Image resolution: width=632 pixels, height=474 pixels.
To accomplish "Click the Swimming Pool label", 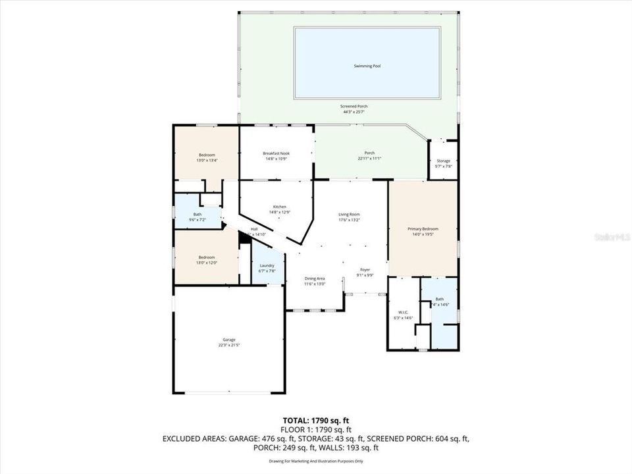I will (x=367, y=66).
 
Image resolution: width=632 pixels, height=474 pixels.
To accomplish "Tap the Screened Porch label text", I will (x=354, y=107).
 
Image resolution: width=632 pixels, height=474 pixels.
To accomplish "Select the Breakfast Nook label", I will (x=276, y=153).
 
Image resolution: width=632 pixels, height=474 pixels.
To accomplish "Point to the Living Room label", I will (x=349, y=214).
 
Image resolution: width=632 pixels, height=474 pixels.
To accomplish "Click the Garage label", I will (x=228, y=340).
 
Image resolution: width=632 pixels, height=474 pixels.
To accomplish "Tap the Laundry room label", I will (x=266, y=265).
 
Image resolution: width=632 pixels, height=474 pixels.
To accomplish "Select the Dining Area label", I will (x=314, y=279).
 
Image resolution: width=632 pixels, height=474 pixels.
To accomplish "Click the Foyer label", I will (x=365, y=270).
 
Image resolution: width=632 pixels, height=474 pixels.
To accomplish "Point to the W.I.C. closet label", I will (x=403, y=313).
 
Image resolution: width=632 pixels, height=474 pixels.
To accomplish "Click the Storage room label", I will (x=443, y=161).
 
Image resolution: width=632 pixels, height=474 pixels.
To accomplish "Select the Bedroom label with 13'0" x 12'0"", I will (x=207, y=257).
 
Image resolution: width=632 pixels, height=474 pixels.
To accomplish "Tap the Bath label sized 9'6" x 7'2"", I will (x=197, y=214).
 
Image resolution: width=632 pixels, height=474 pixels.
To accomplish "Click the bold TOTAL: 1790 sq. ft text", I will (x=315, y=419).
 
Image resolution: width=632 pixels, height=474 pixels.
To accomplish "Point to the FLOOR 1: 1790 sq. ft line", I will (x=315, y=429).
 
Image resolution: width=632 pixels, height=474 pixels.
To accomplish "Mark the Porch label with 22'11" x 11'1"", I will (x=370, y=153).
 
